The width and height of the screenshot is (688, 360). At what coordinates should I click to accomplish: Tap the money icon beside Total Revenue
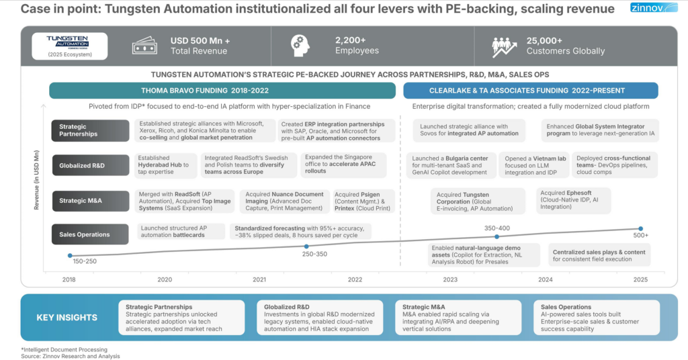pyautogui.click(x=144, y=45)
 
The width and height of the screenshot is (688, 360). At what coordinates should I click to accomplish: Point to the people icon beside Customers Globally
pyautogui.click(x=505, y=45)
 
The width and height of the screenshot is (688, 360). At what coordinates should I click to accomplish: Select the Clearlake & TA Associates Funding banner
pyautogui.click(x=530, y=91)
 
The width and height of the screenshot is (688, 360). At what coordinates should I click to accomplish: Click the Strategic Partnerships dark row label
pyautogui.click(x=90, y=130)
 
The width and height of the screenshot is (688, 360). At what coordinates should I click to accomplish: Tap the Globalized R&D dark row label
pyautogui.click(x=90, y=165)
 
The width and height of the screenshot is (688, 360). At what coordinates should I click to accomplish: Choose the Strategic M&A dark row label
pyautogui.click(x=90, y=199)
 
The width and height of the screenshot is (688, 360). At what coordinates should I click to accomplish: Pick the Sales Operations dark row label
pyautogui.click(x=90, y=234)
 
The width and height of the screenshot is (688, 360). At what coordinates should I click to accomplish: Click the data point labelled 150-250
pyautogui.click(x=69, y=255)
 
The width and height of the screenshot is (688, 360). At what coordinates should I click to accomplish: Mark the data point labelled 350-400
pyautogui.click(x=497, y=236)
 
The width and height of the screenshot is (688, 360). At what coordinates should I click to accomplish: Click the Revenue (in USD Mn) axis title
pyautogui.click(x=36, y=180)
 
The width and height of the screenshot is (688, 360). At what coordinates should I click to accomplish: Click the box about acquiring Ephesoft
pyautogui.click(x=570, y=200)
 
